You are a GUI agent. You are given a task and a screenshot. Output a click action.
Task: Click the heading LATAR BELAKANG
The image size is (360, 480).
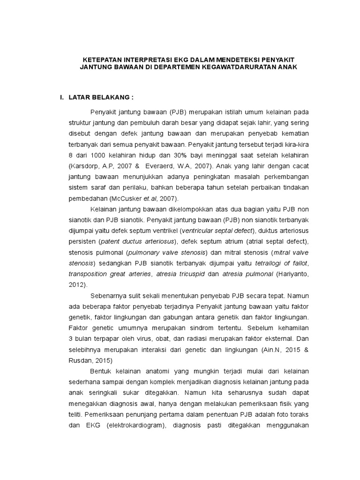click(x=101, y=97)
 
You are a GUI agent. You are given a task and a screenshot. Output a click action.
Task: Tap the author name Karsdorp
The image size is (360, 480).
click(x=84, y=165)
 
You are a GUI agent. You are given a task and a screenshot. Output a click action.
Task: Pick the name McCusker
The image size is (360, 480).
click(x=122, y=198)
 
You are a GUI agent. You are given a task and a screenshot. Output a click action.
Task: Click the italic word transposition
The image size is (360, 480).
click(x=88, y=274)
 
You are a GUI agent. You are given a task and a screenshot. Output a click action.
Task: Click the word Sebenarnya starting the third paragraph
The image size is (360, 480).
click(x=109, y=296)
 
